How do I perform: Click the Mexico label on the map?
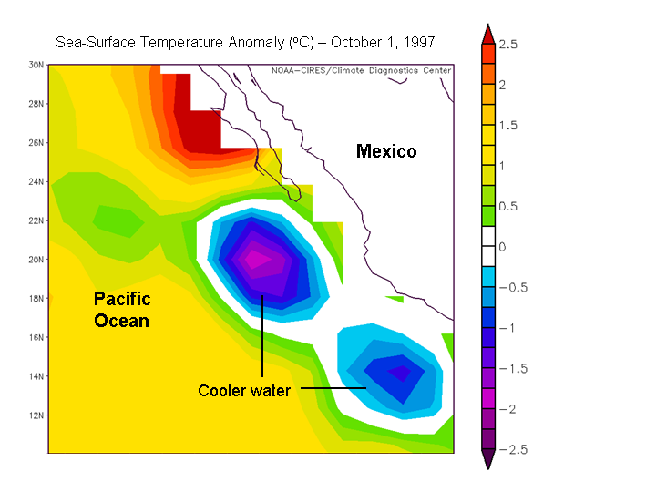point(386,151)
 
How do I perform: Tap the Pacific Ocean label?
point(122,310)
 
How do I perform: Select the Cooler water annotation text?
point(244,391)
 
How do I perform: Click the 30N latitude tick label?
point(36,65)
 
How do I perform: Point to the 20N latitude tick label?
point(36,260)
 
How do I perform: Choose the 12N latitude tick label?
point(36,415)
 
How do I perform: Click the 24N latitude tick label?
point(36,181)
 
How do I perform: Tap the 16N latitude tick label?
point(36,337)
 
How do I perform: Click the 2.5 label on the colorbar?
point(508,44)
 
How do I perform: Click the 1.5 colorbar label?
point(508,126)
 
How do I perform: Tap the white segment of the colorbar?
point(487,247)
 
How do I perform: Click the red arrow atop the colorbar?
point(487,34)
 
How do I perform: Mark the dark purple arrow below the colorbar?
point(487,460)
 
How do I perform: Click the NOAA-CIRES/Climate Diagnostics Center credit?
point(361,70)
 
